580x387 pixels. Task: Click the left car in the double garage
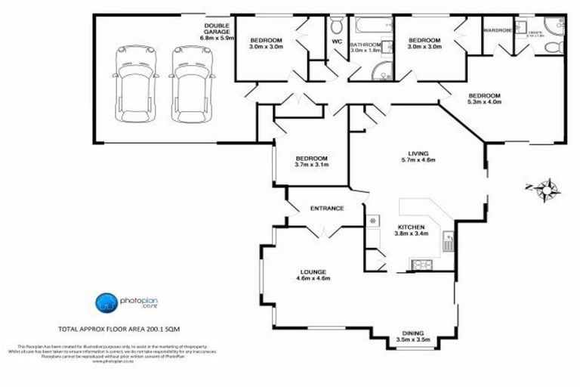click(x=130, y=79)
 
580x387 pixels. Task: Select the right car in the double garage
click(x=186, y=79)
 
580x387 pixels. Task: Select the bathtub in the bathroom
click(x=371, y=26)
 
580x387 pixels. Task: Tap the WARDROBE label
click(x=497, y=32)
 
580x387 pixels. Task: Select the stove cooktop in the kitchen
click(x=420, y=264)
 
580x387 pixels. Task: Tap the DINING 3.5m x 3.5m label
click(x=413, y=336)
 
